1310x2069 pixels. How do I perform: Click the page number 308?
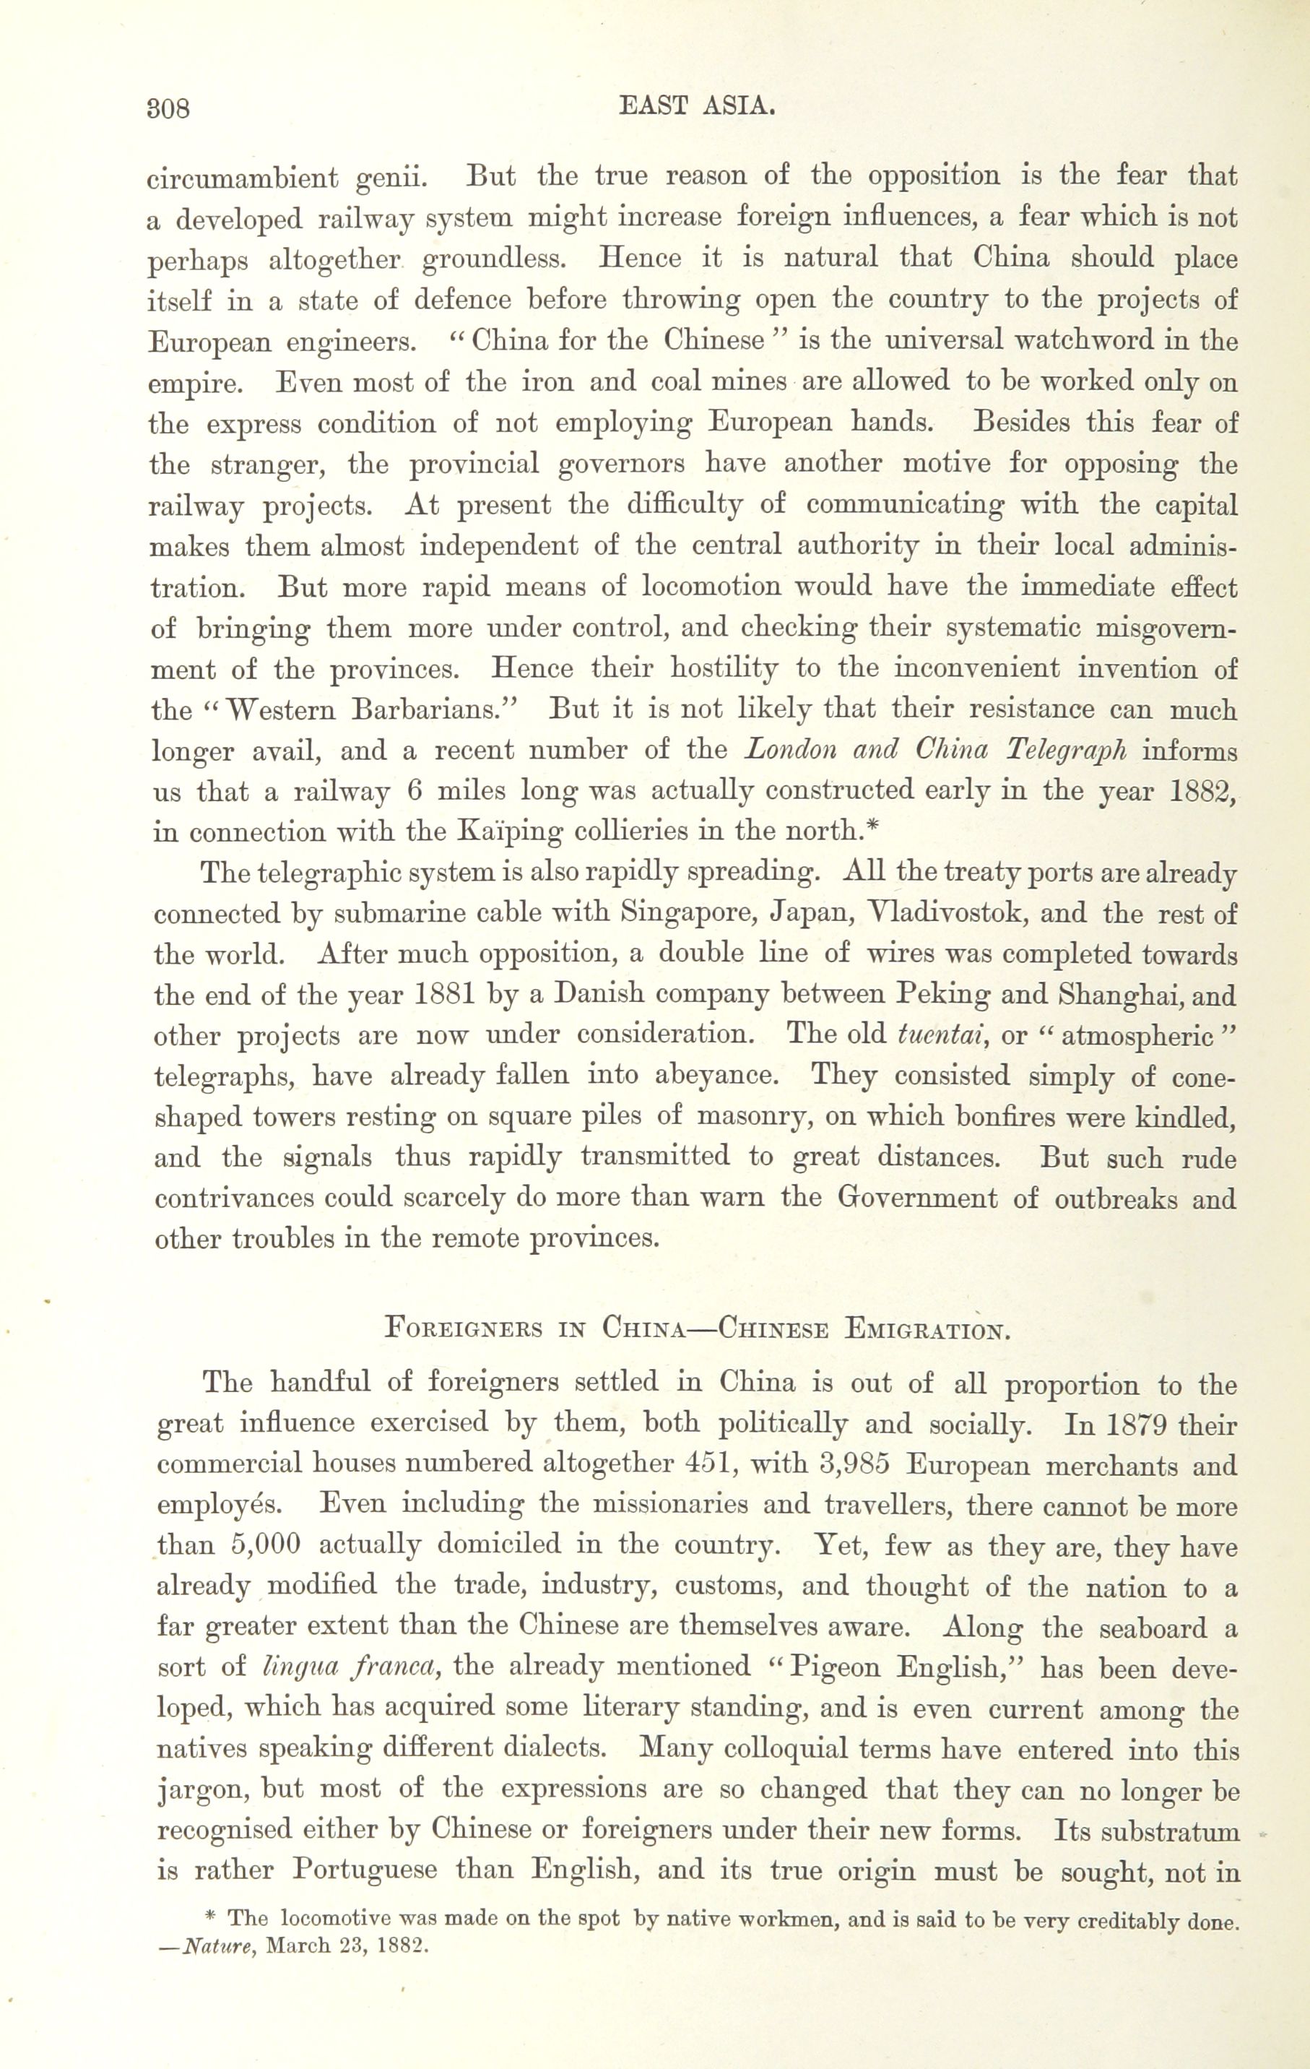[x=168, y=110]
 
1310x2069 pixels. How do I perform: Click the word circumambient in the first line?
[x=242, y=178]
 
